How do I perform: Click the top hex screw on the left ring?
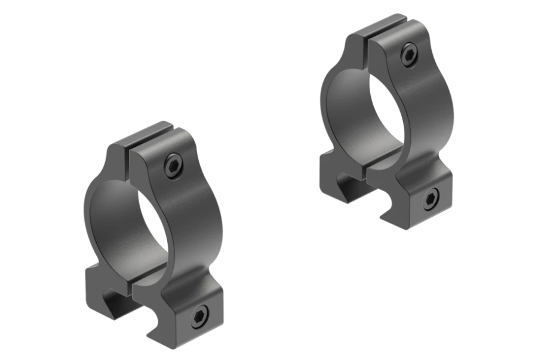tap(174, 165)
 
